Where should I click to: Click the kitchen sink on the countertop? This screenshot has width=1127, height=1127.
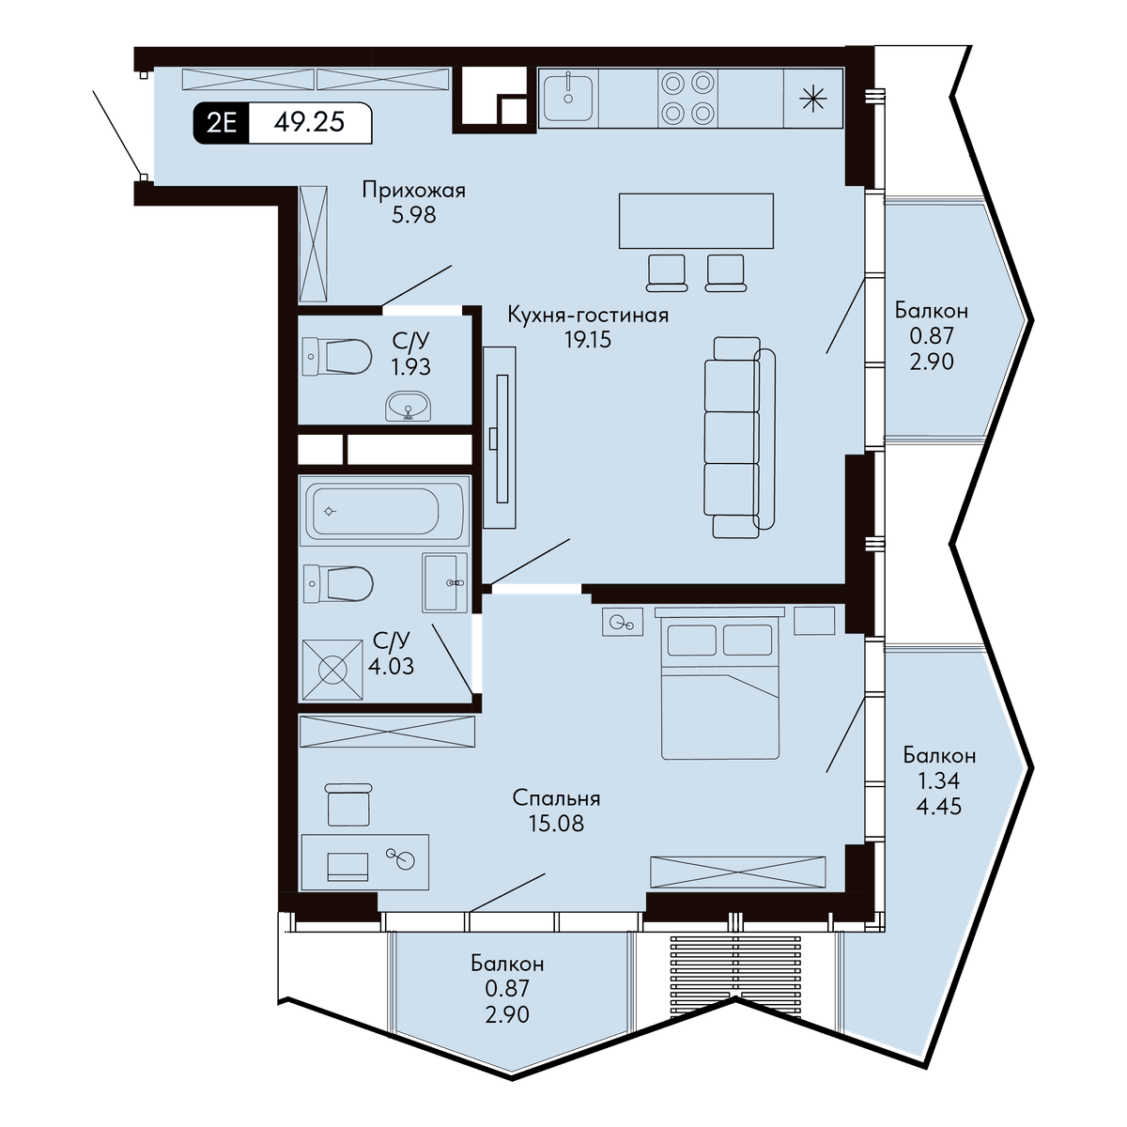click(x=568, y=98)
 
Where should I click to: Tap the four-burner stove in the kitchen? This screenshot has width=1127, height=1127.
click(x=687, y=98)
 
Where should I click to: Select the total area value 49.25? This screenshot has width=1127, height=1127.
click(x=309, y=122)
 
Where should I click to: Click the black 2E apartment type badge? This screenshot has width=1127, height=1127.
click(x=221, y=123)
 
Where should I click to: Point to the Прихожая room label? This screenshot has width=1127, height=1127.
click(x=414, y=191)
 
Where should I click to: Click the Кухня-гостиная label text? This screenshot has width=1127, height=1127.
click(x=588, y=315)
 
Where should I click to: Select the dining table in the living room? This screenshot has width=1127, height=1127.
click(x=696, y=221)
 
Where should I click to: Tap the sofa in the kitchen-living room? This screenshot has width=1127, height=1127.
click(x=739, y=438)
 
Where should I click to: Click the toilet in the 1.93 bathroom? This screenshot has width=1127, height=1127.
click(x=337, y=356)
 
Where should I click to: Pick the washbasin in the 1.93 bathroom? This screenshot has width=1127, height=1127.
click(x=408, y=406)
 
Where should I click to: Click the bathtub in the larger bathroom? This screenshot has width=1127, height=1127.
click(x=384, y=511)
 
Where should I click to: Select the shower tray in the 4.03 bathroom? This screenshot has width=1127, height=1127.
click(x=332, y=669)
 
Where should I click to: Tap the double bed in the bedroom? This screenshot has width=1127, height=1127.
click(x=719, y=683)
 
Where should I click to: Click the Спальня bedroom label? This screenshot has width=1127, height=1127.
click(x=556, y=798)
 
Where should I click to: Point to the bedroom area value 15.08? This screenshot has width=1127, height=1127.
click(x=556, y=824)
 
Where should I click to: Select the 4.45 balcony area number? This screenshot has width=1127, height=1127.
click(x=938, y=807)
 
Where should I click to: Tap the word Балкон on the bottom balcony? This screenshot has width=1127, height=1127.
click(x=507, y=963)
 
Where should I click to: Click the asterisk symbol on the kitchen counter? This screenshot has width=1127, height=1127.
click(x=813, y=99)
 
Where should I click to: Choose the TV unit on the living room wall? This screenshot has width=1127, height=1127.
click(x=500, y=438)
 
